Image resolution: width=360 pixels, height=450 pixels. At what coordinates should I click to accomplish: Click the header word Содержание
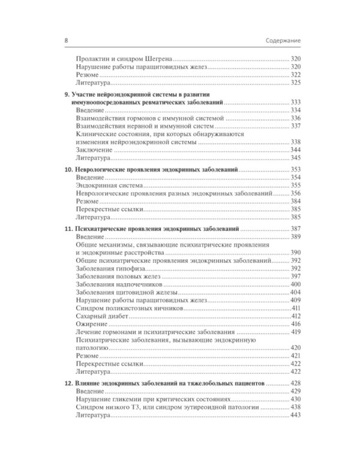283,40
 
